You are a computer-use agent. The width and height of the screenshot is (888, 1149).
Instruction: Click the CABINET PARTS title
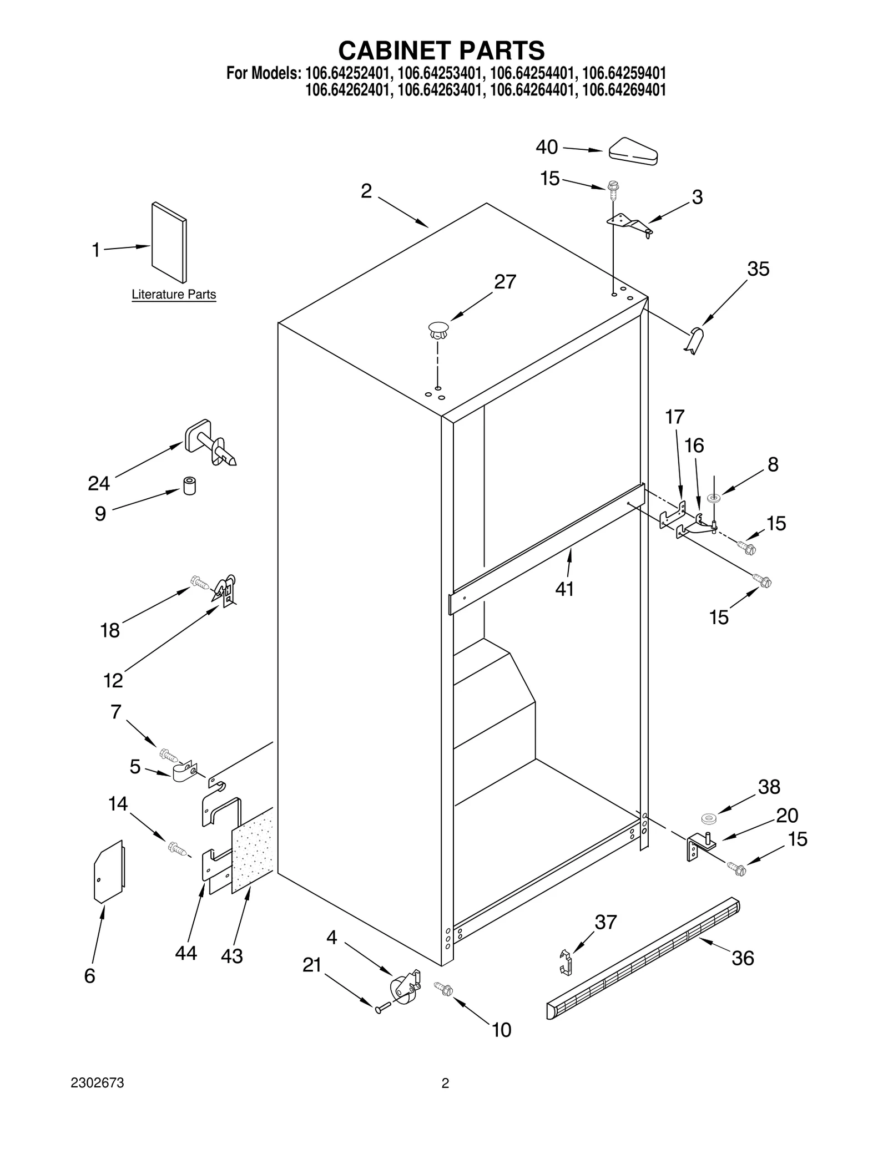pos(441,50)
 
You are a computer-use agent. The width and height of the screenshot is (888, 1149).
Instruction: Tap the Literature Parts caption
pos(174,295)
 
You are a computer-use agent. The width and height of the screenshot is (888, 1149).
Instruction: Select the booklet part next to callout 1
pos(169,242)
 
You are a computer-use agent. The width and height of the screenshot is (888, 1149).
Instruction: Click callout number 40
pos(547,147)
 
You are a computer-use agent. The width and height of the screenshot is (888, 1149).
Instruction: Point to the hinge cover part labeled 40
pos(633,151)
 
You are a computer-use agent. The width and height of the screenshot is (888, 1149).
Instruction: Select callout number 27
pos(505,282)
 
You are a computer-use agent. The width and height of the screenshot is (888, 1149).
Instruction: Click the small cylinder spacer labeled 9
pos(189,485)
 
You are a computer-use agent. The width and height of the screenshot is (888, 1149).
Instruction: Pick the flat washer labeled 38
pos(709,818)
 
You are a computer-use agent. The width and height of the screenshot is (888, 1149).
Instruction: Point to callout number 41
pos(564,589)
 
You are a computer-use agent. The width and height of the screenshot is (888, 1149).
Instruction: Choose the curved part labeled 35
pos(694,340)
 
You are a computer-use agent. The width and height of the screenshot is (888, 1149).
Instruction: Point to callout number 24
pos(99,484)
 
